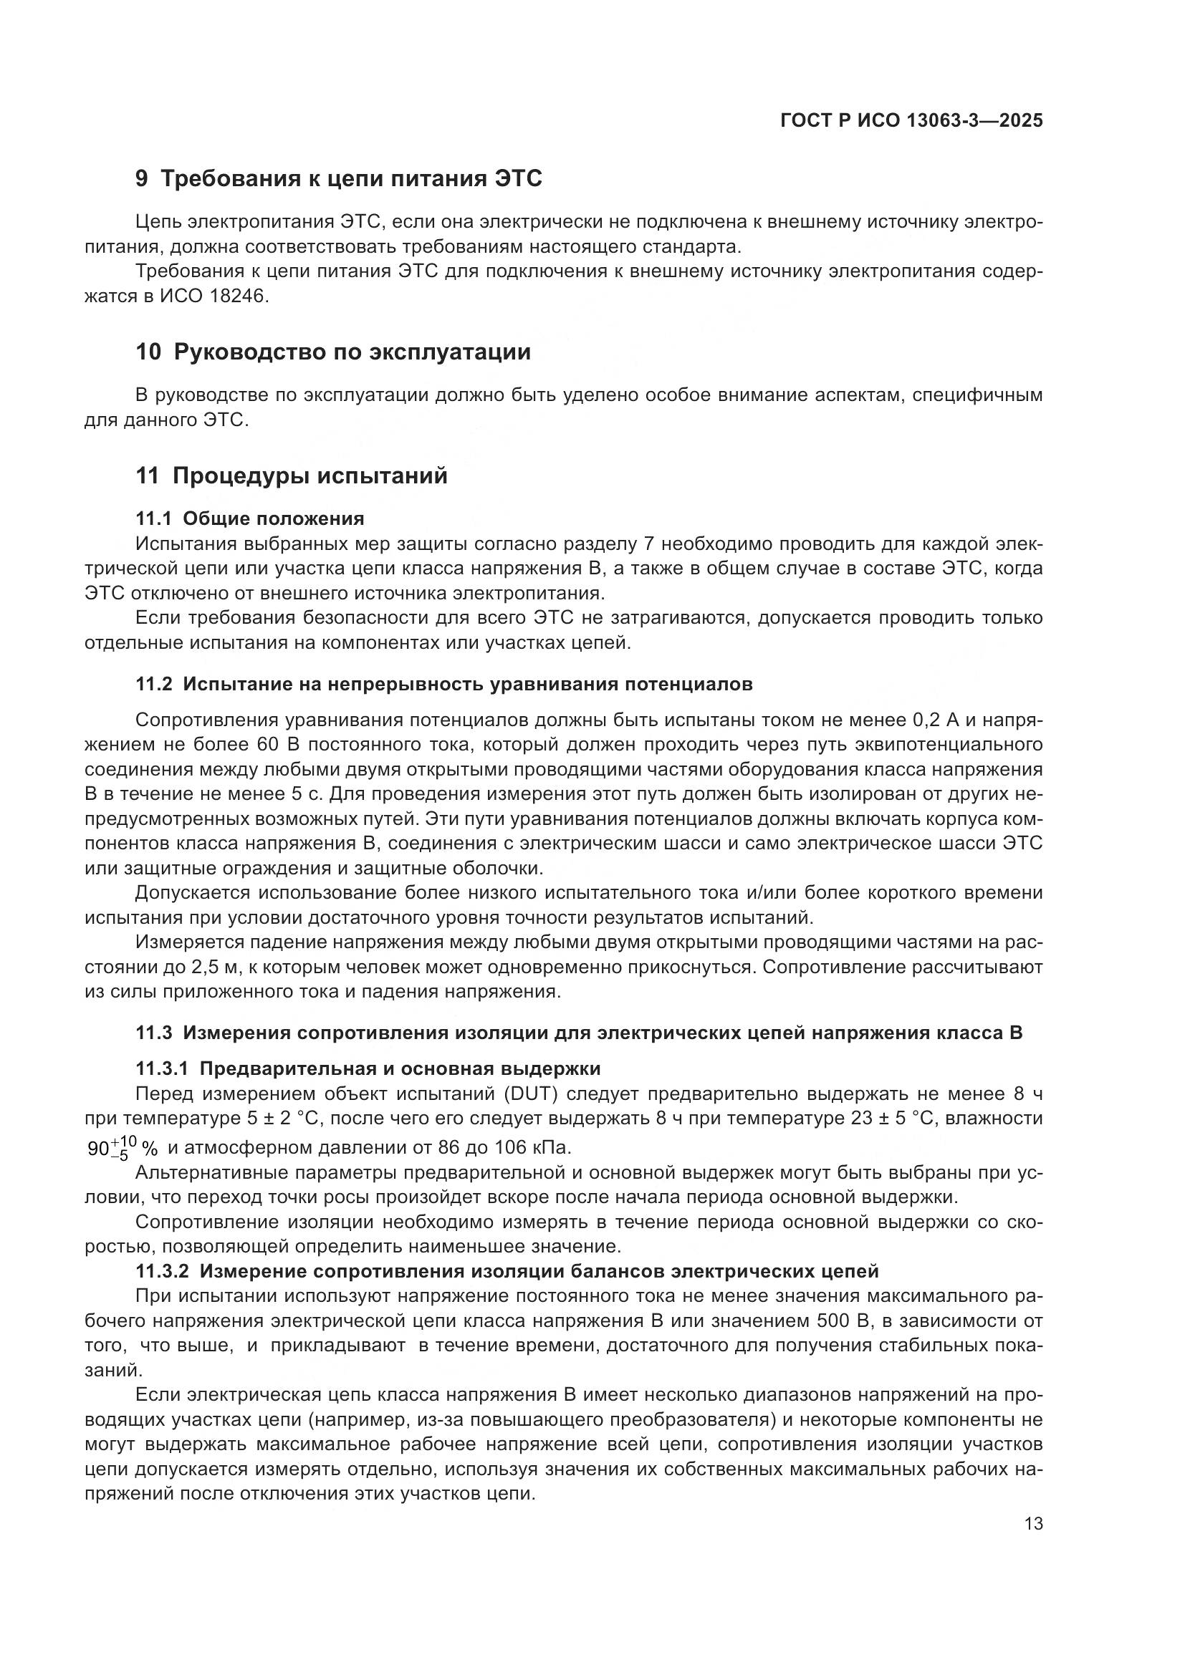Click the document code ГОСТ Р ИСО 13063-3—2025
tap(911, 120)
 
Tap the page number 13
tap(1033, 1524)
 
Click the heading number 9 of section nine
tap(142, 179)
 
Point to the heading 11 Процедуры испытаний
tap(291, 476)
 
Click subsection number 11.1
tap(153, 518)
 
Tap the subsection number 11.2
tap(153, 685)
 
